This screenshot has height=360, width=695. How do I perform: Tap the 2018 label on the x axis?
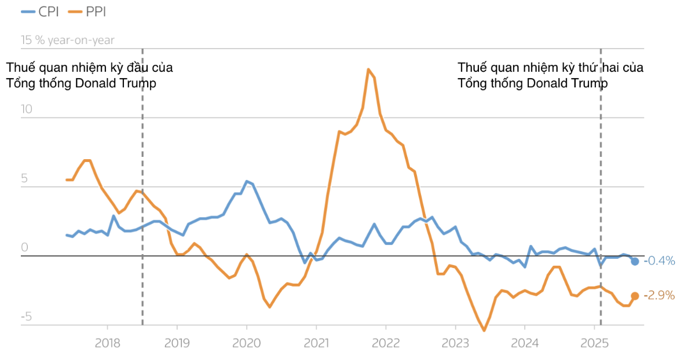point(108,343)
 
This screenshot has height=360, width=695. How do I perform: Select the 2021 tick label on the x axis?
point(316,343)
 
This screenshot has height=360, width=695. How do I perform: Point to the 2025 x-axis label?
point(594,343)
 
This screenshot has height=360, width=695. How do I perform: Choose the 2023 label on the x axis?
point(455,343)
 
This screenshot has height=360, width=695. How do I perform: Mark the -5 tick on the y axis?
point(25,317)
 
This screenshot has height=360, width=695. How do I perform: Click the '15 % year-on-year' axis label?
point(68,41)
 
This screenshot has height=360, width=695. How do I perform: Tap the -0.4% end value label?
point(660,261)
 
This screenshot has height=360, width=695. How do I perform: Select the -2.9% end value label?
point(660,296)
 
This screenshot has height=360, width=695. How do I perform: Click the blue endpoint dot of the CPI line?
point(635,262)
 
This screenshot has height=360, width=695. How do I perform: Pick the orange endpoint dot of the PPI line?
point(635,296)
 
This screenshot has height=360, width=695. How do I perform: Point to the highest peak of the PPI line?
point(368,69)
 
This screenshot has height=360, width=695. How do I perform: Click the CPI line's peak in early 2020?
point(247,181)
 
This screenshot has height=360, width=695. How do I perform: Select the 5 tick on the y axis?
point(25,179)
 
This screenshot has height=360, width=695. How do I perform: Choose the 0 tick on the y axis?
point(25,248)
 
